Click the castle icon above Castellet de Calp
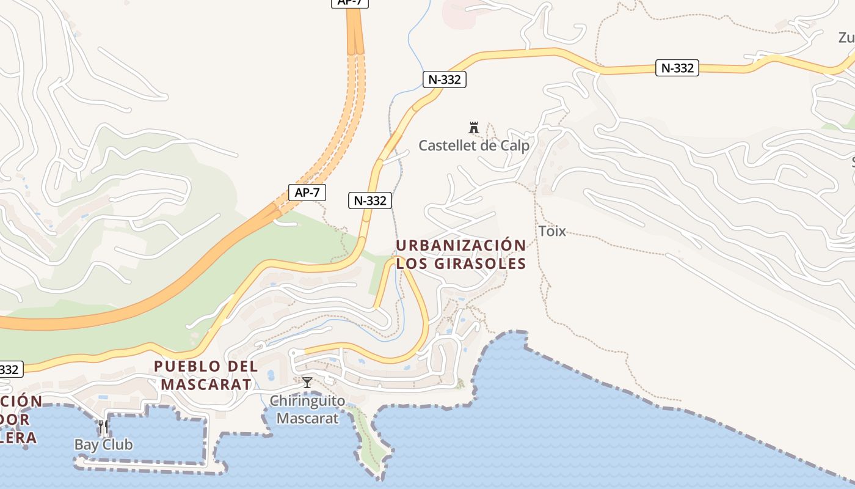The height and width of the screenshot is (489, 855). tap(473, 128)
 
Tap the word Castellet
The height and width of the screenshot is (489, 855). tap(448, 146)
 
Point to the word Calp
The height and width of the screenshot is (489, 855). tap(515, 146)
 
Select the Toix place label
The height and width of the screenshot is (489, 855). tap(552, 231)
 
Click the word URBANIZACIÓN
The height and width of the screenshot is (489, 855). tap(460, 246)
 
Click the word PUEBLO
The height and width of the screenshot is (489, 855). tap(187, 366)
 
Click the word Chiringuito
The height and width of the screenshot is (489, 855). tap(307, 402)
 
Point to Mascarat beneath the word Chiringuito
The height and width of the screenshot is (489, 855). tap(307, 419)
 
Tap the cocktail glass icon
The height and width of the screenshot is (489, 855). tap(307, 383)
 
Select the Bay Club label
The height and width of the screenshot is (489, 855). tap(103, 444)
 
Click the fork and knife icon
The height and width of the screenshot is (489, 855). tap(103, 427)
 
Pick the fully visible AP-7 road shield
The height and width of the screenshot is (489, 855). tap(307, 193)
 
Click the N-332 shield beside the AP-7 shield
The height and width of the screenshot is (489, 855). tap(370, 200)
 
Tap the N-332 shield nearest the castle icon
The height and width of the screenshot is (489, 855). tap(445, 79)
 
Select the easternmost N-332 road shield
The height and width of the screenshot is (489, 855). tap(677, 68)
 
